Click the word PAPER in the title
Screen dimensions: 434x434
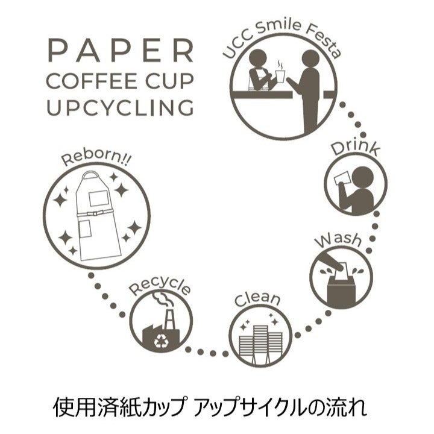[x=121, y=51]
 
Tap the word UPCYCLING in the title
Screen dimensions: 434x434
[x=121, y=107]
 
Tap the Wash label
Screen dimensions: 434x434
[x=339, y=241]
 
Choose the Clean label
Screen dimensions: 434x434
[x=257, y=299]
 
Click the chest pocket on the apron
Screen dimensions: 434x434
[x=96, y=197]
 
